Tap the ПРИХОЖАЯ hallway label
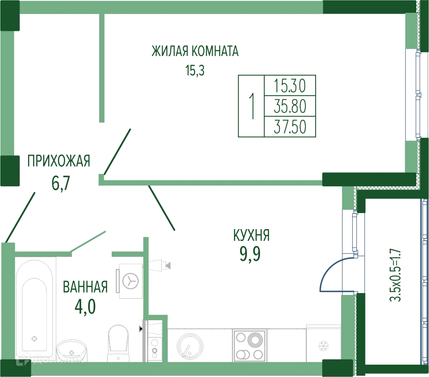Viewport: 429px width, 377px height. pyautogui.click(x=59, y=161)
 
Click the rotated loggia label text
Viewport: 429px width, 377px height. pyautogui.click(x=395, y=275)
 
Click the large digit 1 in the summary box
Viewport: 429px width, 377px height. pyautogui.click(x=251, y=105)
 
